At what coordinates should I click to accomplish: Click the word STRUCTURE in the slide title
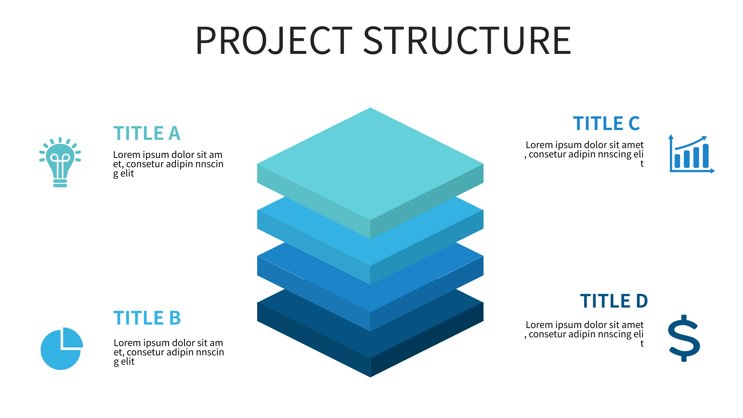click(467, 40)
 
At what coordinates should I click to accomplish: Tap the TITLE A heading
click(147, 133)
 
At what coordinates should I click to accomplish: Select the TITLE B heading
click(147, 318)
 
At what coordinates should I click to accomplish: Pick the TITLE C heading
click(606, 123)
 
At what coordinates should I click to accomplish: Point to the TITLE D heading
click(614, 301)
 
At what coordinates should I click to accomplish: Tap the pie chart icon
click(61, 349)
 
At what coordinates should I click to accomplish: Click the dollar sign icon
click(684, 338)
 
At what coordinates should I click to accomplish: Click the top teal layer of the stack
click(370, 163)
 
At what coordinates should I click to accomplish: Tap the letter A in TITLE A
click(175, 133)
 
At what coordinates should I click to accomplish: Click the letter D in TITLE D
click(642, 301)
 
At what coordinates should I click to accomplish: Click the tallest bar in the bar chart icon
click(706, 156)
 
